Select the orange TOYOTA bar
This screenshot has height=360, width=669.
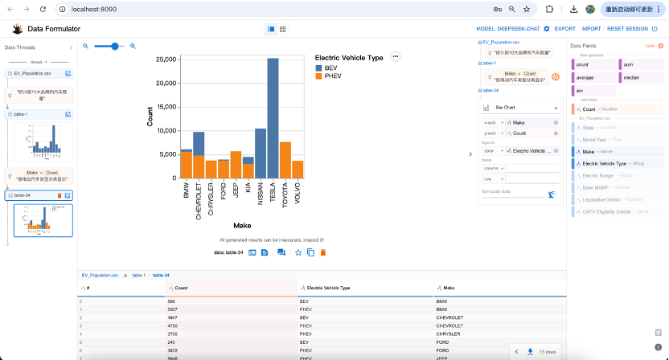click(x=285, y=160)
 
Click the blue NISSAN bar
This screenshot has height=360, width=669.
click(x=261, y=153)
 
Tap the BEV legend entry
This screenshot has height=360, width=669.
click(x=331, y=68)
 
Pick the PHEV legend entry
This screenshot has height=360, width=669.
click(x=332, y=76)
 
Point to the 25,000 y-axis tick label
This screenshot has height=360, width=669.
click(x=166, y=59)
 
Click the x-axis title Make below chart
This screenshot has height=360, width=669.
click(x=236, y=225)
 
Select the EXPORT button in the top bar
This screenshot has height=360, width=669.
click(x=564, y=29)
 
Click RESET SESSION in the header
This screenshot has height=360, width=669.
click(x=627, y=29)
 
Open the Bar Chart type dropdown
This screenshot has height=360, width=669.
click(x=521, y=108)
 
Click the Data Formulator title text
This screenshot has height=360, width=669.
click(x=54, y=29)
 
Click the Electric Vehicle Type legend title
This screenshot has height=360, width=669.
click(x=349, y=58)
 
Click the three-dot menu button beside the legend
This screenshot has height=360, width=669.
click(x=395, y=56)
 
